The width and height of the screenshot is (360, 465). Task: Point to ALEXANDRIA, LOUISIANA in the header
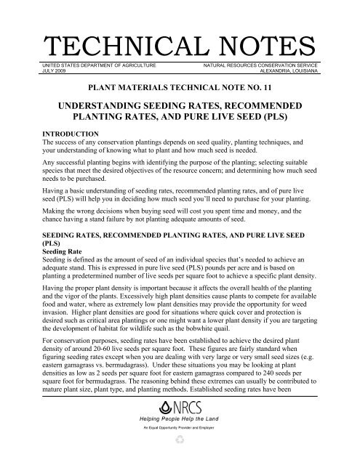point(279,72)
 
